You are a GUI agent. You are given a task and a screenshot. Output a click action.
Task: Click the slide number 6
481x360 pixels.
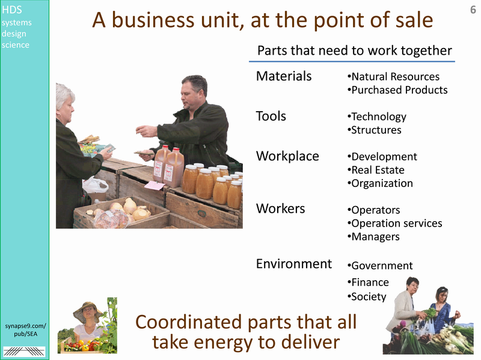point(473,10)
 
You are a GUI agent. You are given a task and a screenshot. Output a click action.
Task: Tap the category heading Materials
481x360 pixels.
point(284,76)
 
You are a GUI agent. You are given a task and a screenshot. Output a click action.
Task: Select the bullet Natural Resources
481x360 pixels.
point(393,76)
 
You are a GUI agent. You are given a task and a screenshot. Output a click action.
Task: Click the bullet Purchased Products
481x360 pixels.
point(397,90)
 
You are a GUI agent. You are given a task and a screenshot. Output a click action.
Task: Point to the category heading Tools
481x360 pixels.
point(271,116)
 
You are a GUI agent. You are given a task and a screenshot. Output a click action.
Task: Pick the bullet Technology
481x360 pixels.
point(377,117)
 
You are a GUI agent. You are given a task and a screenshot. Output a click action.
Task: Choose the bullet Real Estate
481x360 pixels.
point(376,170)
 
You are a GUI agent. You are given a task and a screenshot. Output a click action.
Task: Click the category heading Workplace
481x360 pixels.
point(287,156)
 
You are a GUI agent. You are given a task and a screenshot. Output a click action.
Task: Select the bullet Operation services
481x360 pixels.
point(394,223)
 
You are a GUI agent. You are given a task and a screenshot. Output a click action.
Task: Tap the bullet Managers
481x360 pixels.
point(373,237)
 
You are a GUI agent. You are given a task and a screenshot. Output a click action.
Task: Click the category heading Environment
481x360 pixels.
point(294,264)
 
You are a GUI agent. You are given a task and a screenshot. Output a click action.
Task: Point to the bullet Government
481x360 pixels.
point(380,266)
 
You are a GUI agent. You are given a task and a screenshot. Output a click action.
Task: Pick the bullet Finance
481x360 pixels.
point(368,282)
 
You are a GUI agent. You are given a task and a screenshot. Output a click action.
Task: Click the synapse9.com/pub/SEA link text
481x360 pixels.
point(25,330)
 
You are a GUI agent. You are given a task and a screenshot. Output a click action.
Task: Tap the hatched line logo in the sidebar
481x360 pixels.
point(24,352)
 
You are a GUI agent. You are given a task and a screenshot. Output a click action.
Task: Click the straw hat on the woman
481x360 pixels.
point(88,311)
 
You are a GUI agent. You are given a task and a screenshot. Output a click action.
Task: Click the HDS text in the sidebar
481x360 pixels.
point(11,10)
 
